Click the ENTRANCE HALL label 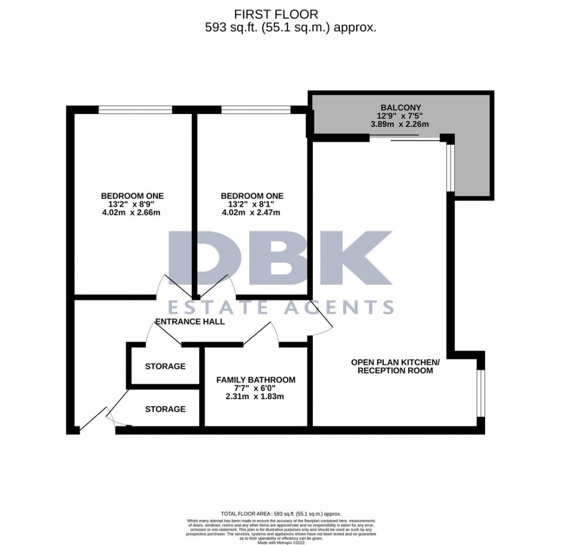[190, 322]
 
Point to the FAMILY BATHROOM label [256, 379]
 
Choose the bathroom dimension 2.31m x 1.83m [256, 396]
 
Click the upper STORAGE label [165, 366]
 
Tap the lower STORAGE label [165, 409]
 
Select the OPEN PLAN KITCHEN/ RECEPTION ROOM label [395, 366]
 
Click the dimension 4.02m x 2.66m [132, 213]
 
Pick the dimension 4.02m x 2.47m [252, 213]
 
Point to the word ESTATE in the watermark [219, 306]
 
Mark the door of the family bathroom [261, 335]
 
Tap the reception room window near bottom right [480, 393]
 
